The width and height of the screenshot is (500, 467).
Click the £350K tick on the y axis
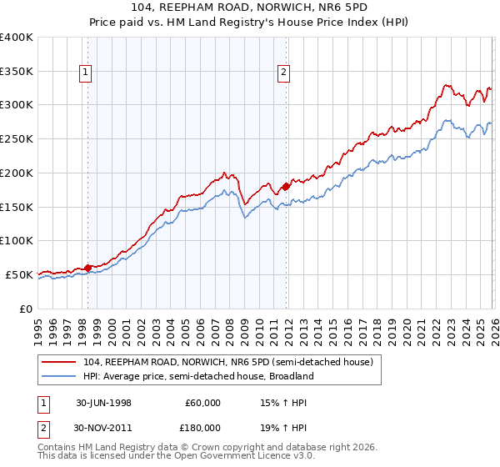click(18, 72)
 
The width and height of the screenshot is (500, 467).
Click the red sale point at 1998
click(88, 268)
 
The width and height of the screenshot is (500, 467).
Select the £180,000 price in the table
click(202, 427)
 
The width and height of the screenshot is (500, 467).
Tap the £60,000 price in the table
click(202, 403)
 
